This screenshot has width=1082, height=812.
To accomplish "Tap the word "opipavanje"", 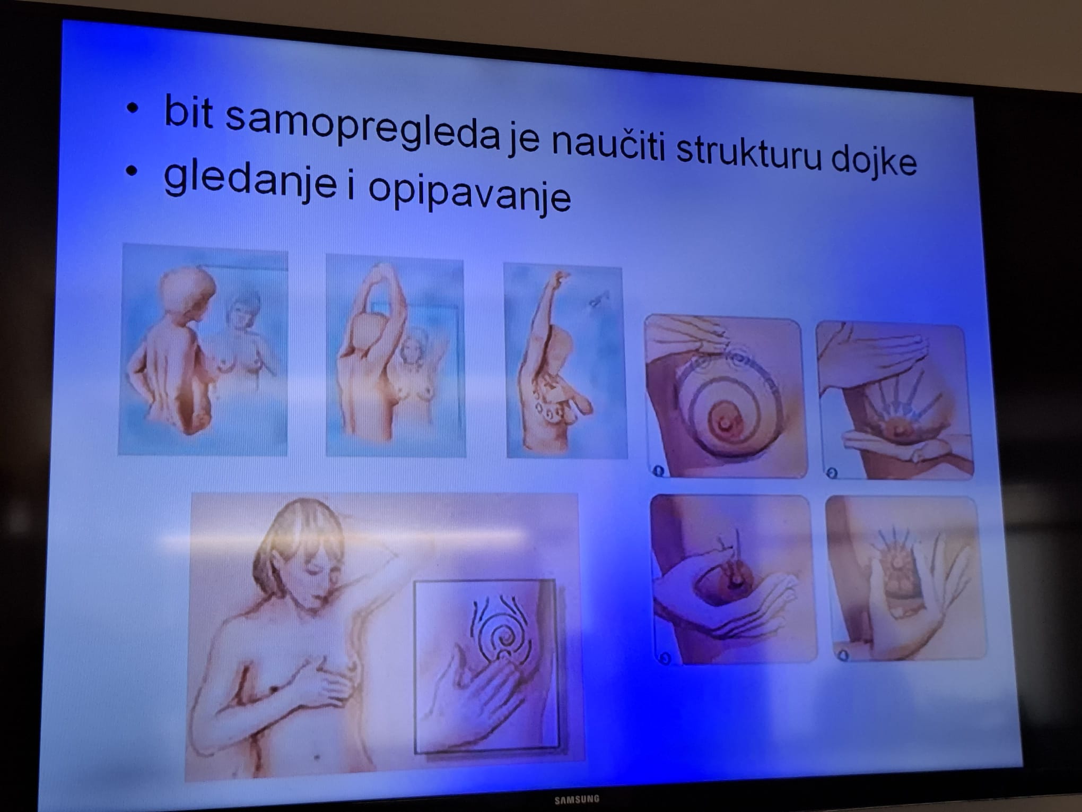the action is click(x=469, y=193).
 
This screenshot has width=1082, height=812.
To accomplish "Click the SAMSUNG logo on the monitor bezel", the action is click(x=577, y=799).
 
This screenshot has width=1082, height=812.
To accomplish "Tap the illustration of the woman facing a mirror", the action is click(x=203, y=350).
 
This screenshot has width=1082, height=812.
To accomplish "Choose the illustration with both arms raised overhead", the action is click(x=396, y=356).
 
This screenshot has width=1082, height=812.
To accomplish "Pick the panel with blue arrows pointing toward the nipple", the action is click(x=896, y=402).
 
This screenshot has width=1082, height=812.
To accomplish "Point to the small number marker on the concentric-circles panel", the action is click(x=658, y=470).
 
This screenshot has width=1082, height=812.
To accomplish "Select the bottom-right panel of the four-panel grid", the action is click(x=906, y=578).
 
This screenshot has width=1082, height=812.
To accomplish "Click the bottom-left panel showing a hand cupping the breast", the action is click(x=732, y=580).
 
